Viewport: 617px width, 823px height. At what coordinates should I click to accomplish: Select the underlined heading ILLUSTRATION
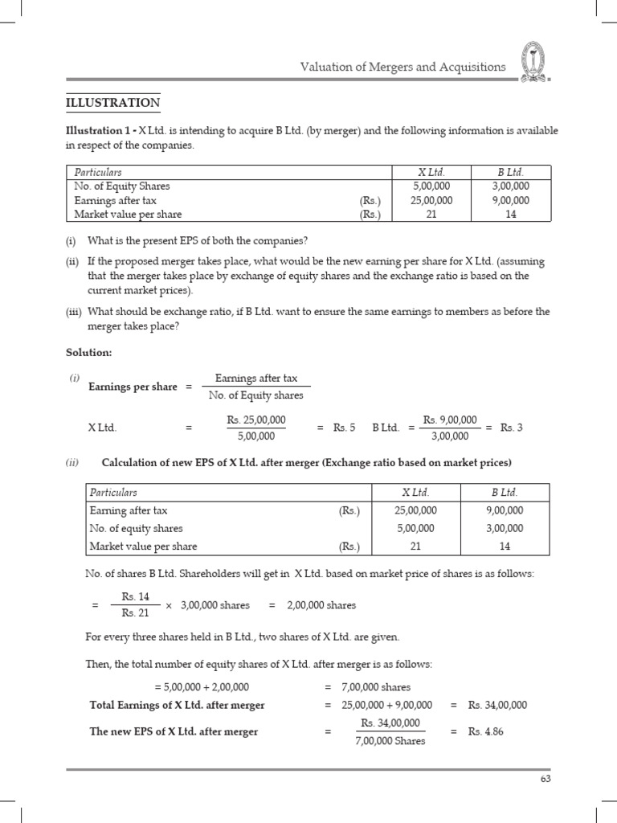tap(112, 103)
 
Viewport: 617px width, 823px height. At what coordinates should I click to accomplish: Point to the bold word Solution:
tap(88, 352)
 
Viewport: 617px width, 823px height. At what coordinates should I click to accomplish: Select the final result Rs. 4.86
tap(488, 731)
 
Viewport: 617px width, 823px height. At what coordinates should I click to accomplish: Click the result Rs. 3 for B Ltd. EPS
tap(511, 428)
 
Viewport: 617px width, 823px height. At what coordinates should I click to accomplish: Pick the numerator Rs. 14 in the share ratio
tap(136, 596)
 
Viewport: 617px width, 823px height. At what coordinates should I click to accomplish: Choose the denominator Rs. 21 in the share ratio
tap(136, 614)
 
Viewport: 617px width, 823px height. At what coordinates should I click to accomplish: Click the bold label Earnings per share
tap(133, 387)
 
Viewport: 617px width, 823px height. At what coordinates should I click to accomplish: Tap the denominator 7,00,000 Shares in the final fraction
tap(390, 740)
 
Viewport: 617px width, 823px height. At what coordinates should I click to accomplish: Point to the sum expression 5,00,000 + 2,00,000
tap(202, 687)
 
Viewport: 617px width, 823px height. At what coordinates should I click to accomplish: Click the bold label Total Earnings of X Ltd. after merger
tap(177, 705)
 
